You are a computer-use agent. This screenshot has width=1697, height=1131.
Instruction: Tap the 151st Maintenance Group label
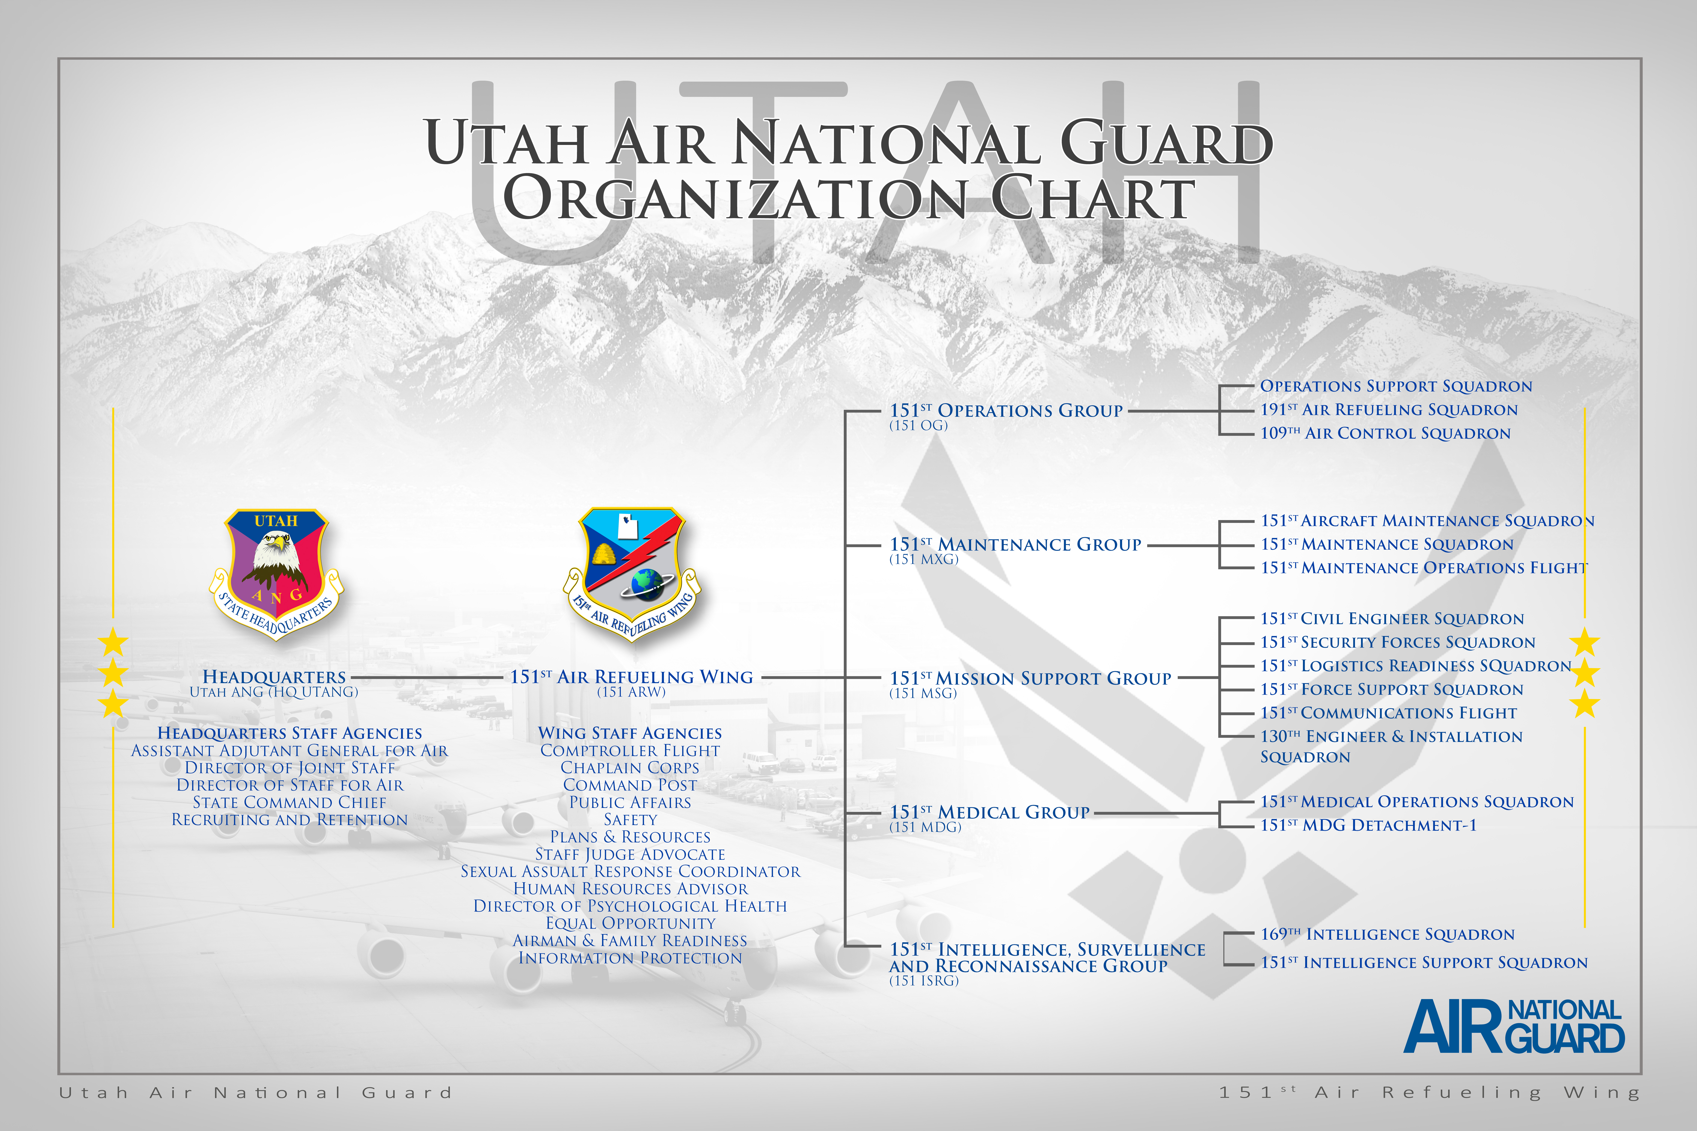coord(1015,545)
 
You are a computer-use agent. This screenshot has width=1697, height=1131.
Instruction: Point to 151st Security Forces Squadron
coord(1398,642)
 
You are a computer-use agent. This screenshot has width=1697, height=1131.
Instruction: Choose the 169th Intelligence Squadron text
coord(1387,934)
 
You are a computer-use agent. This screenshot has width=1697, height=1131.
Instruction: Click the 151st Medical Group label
coord(989,812)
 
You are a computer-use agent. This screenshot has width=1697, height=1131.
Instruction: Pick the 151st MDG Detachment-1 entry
coord(1369,825)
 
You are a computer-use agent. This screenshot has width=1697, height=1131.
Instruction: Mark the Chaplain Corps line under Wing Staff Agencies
coord(630,767)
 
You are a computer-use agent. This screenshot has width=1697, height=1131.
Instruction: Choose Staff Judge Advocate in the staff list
coord(630,854)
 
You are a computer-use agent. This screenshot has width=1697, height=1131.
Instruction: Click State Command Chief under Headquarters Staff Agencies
coord(289,802)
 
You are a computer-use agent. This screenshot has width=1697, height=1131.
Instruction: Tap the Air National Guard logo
coord(1514,1026)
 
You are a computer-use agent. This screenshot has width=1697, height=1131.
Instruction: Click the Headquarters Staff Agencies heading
coord(289,733)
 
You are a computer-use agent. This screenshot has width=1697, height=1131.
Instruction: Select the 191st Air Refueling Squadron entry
coord(1389,410)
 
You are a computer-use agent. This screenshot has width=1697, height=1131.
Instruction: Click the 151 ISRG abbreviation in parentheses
coord(924,981)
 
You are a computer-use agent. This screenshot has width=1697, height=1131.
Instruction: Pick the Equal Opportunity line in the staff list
coord(630,923)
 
